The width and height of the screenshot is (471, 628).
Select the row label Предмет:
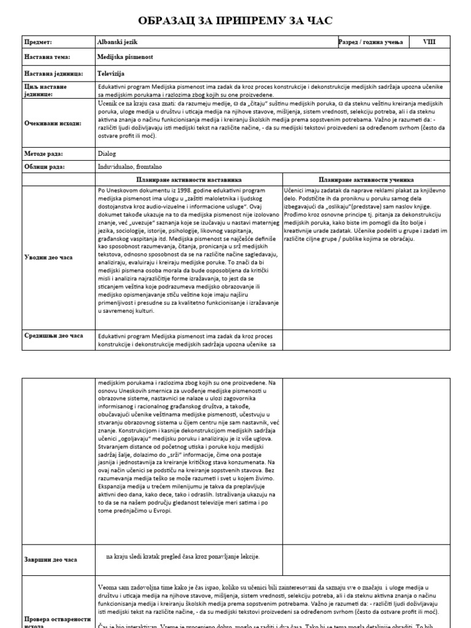pyautogui.click(x=38, y=42)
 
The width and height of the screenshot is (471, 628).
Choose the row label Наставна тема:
pyautogui.click(x=47, y=57)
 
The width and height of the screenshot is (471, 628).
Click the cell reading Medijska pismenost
pyautogui.click(x=125, y=57)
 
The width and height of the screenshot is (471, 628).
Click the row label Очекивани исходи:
pyautogui.click(x=53, y=123)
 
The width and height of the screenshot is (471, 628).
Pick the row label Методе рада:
pyautogui.click(x=44, y=154)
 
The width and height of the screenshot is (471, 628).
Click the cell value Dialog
pyautogui.click(x=106, y=154)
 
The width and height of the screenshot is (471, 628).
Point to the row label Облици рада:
pyautogui.click(x=44, y=167)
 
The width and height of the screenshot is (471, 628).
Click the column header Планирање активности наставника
pyautogui.click(x=190, y=180)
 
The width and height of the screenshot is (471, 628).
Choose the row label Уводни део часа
pyautogui.click(x=48, y=258)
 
